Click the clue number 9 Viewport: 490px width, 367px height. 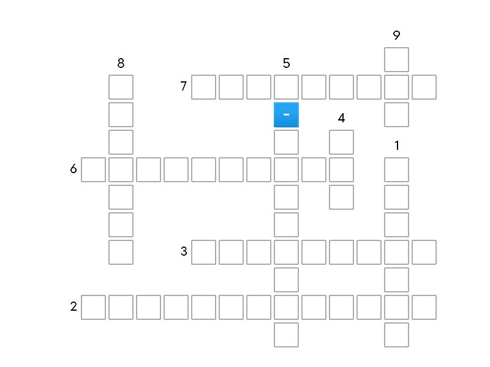pyautogui.click(x=396, y=35)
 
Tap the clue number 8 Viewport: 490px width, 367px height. pyautogui.click(x=121, y=63)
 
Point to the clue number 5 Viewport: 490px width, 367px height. pyautogui.click(x=286, y=63)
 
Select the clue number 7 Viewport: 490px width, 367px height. pyautogui.click(x=184, y=86)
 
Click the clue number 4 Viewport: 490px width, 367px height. pyautogui.click(x=341, y=118)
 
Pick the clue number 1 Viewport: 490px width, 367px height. pyautogui.click(x=396, y=146)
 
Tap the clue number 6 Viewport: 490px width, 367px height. pyautogui.click(x=73, y=169)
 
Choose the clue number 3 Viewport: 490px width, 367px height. pyautogui.click(x=184, y=251)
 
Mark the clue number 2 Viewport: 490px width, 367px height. pyautogui.click(x=73, y=306)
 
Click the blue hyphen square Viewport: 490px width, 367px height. pyautogui.click(x=286, y=114)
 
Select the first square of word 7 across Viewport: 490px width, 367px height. pyautogui.click(x=203, y=87)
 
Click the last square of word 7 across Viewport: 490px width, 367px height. pyautogui.click(x=424, y=87)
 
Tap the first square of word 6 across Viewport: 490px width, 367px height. pyautogui.click(x=94, y=170)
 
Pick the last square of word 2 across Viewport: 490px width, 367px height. pyautogui.click(x=424, y=308)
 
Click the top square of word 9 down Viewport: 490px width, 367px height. pyautogui.click(x=396, y=59)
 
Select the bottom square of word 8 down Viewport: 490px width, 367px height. pyautogui.click(x=121, y=252)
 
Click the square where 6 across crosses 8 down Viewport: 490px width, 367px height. pyautogui.click(x=121, y=170)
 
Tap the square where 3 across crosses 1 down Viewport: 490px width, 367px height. pyautogui.click(x=396, y=252)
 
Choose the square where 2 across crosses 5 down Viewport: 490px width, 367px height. pyautogui.click(x=286, y=308)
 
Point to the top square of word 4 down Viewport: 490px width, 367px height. pyautogui.click(x=342, y=142)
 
